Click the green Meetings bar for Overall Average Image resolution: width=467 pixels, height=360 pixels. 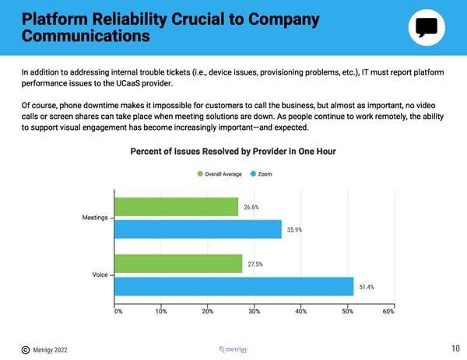(x=177, y=207)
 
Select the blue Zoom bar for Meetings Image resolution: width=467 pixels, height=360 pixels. (x=198, y=229)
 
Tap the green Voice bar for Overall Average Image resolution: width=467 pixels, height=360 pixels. (x=180, y=264)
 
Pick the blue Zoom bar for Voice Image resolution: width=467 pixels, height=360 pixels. (x=235, y=287)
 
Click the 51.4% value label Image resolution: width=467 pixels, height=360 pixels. (x=367, y=287)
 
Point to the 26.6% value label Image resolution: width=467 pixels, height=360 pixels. (x=251, y=207)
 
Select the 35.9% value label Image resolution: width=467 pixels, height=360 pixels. (x=294, y=229)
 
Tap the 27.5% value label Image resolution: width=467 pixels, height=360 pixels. (x=255, y=264)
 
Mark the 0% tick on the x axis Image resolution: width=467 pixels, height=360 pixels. (x=118, y=312)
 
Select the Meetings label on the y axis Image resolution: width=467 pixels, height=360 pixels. (x=95, y=217)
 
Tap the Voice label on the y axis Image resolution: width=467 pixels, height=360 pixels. (x=100, y=274)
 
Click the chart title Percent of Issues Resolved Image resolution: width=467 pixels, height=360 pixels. (x=233, y=150)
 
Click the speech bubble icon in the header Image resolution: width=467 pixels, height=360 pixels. (x=427, y=28)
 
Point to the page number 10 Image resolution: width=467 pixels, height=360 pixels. (x=455, y=349)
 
